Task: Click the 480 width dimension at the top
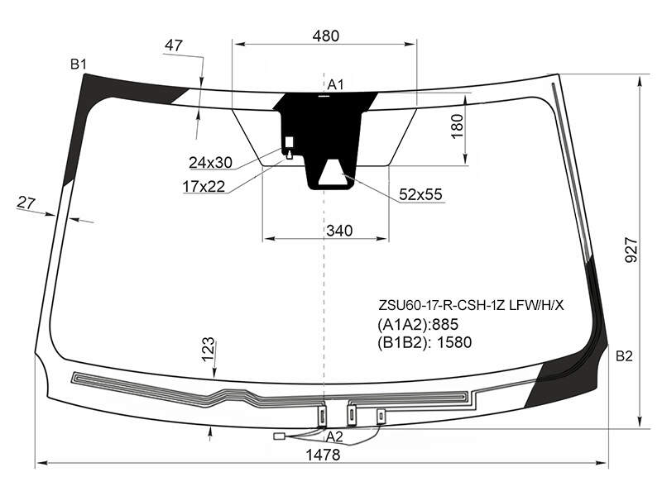click(x=325, y=36)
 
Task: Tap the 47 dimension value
click(x=173, y=45)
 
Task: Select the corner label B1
click(x=78, y=64)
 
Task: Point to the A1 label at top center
click(x=336, y=85)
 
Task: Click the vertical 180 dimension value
click(x=458, y=126)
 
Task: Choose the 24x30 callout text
click(x=210, y=162)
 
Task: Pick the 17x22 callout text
click(x=204, y=186)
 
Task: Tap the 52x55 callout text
click(x=420, y=194)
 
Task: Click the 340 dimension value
click(x=339, y=231)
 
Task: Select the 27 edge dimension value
click(x=26, y=203)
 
